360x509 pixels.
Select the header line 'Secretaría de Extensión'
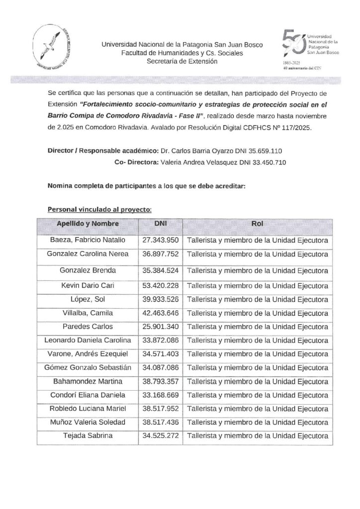point(182,62)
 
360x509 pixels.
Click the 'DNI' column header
point(160,224)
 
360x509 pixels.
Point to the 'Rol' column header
point(257,224)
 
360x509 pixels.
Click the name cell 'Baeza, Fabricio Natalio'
point(87,240)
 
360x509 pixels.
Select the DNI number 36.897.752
point(160,254)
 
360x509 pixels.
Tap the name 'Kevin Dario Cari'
point(87,285)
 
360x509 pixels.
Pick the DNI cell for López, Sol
point(160,299)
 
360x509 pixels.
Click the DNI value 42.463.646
point(160,313)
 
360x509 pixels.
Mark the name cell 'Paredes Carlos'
point(87,327)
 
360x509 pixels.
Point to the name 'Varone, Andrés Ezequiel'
point(87,354)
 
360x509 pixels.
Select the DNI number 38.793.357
point(160,381)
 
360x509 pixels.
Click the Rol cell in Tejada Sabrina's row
point(257,436)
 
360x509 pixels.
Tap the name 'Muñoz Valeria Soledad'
point(87,422)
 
